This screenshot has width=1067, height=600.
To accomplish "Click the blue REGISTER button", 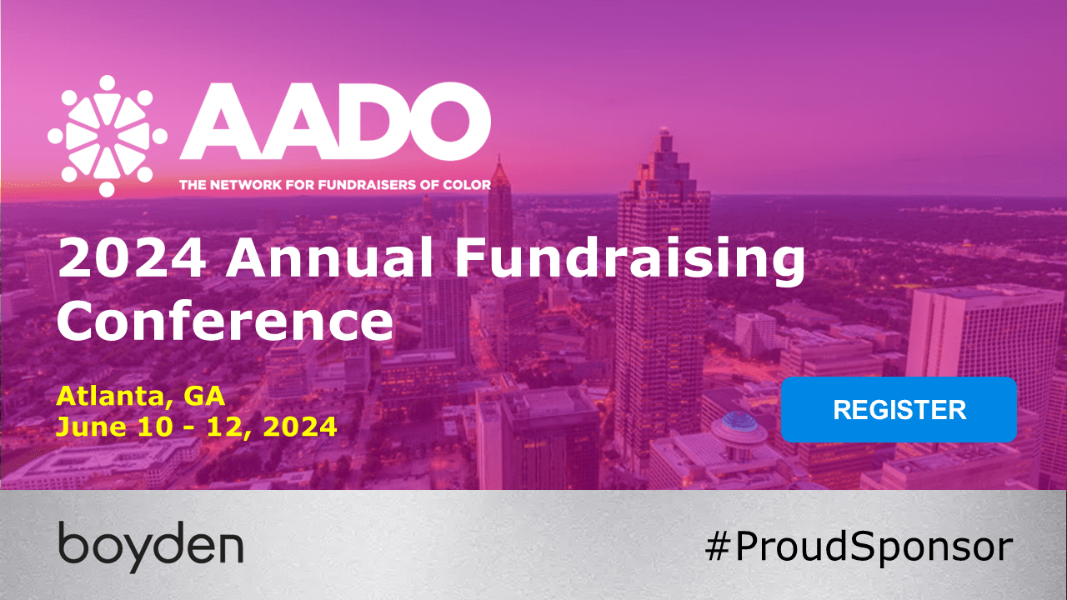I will (899, 410).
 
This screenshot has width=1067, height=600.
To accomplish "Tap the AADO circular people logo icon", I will (108, 136).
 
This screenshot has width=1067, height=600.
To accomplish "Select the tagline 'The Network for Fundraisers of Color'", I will (335, 184).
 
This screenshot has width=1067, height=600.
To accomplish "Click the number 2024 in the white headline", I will (132, 259).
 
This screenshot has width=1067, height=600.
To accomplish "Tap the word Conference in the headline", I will (225, 321).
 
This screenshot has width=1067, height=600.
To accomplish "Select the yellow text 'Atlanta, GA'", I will (141, 396).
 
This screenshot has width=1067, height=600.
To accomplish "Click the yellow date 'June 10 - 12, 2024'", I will (197, 427).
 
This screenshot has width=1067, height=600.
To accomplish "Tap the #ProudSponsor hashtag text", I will (859, 547).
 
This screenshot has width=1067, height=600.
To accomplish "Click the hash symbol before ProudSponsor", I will (716, 547).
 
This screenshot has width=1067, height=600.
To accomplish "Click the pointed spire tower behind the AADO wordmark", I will (500, 200).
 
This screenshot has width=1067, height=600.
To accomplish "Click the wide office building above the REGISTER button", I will (984, 333).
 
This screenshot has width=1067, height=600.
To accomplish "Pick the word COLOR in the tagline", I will (469, 184).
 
